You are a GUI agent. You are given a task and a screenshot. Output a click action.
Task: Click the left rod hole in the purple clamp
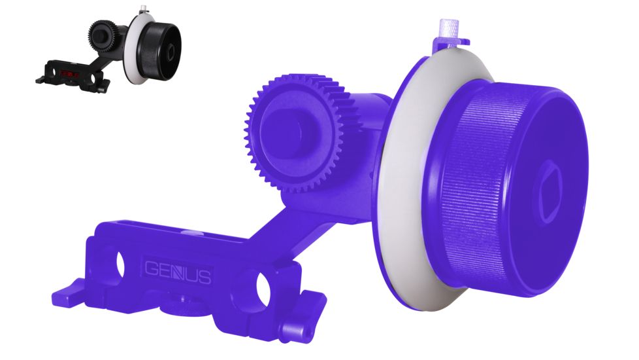pos(121,263)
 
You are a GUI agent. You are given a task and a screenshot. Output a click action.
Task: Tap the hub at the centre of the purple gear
pos(287,131)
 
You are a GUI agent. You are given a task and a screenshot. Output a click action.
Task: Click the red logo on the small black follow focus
pos(69,75)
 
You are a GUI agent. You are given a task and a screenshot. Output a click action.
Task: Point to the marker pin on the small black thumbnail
pos(141,9)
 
